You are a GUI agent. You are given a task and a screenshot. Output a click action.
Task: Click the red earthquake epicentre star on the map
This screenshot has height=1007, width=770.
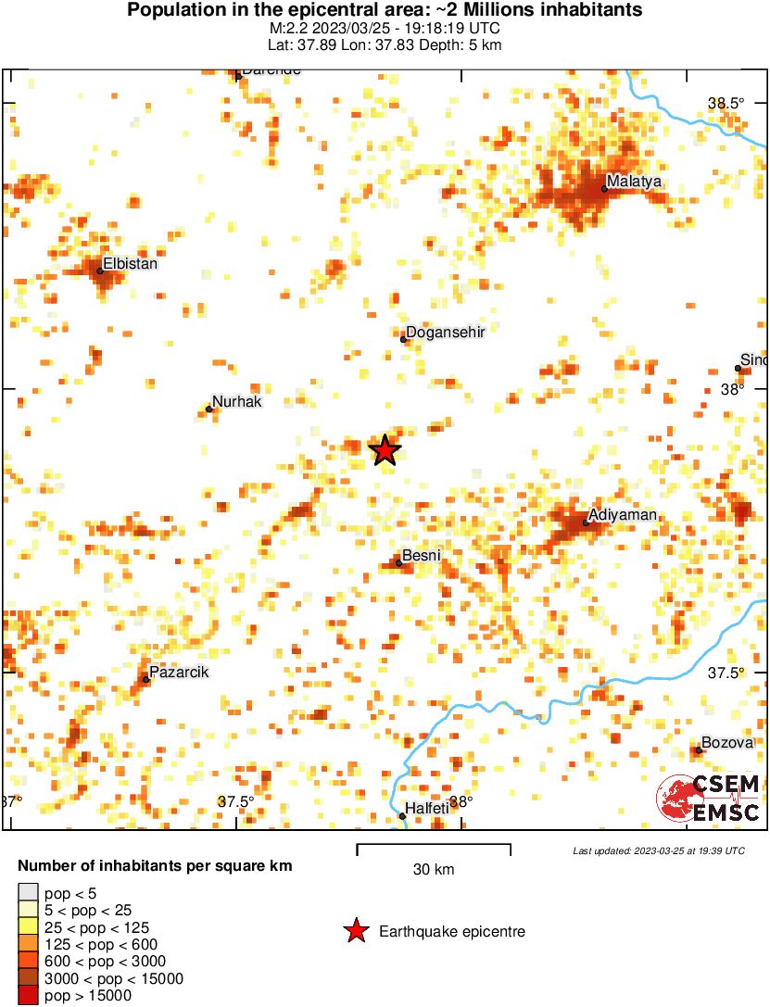[385, 450]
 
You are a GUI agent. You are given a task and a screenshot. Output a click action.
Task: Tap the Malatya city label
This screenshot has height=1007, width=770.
[635, 182]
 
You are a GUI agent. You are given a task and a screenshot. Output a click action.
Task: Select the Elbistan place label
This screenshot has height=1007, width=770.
[131, 263]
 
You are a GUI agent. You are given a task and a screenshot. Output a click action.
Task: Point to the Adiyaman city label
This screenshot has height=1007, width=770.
[624, 515]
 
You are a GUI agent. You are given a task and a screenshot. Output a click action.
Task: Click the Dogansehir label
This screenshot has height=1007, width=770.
[447, 332]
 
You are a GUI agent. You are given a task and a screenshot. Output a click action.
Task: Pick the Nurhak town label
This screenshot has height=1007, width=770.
[237, 402]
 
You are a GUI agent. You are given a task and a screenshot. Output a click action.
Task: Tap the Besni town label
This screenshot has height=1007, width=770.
[421, 556]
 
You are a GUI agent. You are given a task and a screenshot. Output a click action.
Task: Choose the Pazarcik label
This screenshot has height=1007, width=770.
[179, 671]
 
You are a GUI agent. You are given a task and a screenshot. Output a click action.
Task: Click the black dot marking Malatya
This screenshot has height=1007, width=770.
[604, 189]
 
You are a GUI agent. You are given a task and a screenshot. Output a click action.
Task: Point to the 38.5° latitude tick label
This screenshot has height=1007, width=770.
[726, 104]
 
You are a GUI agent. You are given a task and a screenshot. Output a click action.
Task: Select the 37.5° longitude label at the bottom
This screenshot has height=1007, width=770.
[235, 801]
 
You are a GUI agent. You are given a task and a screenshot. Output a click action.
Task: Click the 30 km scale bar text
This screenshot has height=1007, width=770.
[434, 869]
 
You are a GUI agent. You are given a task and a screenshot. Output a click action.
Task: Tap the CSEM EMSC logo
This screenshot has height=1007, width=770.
[709, 799]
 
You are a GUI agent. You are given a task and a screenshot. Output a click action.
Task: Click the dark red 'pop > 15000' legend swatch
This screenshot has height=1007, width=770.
[28, 996]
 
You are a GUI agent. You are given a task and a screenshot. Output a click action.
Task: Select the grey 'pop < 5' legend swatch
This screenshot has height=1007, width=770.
[28, 893]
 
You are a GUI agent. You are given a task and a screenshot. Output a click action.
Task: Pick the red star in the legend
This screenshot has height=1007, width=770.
[355, 931]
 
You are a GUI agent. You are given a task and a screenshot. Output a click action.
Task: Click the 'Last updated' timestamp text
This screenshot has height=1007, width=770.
[658, 850]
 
